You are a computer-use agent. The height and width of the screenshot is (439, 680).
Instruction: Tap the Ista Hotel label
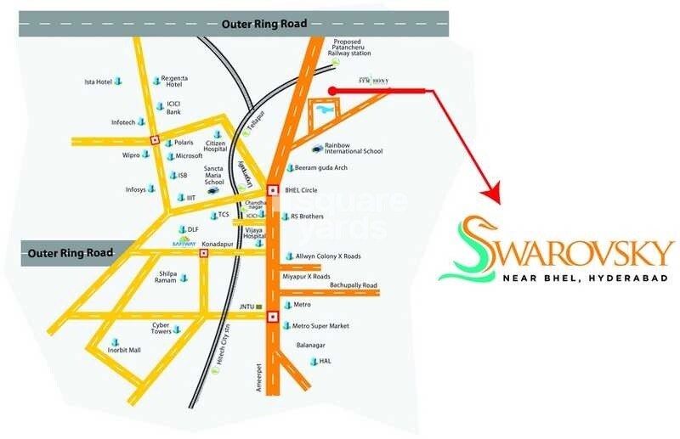(x=98, y=82)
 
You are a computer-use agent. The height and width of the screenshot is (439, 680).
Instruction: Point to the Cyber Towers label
(x=161, y=328)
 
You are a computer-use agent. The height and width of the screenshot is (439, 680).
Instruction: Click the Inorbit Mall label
(x=124, y=349)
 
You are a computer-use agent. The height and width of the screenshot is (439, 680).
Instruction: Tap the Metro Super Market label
(x=320, y=326)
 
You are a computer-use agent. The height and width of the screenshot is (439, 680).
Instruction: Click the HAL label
(x=325, y=361)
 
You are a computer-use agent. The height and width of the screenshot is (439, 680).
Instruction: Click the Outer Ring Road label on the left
(x=65, y=253)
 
